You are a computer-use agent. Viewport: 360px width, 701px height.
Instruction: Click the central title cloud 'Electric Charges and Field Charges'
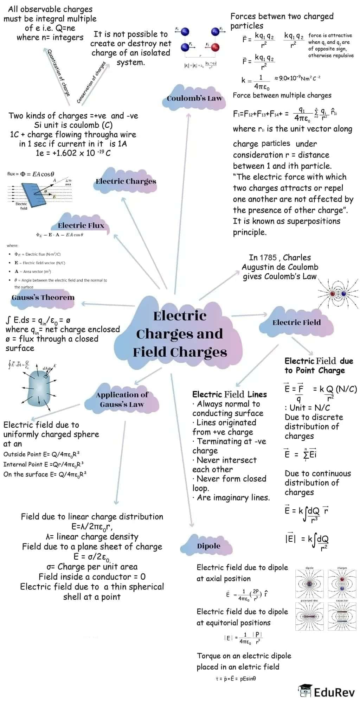(180, 333)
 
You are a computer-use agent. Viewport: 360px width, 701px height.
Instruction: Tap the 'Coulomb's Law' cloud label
(194, 98)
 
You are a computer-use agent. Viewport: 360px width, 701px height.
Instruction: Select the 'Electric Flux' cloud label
(81, 225)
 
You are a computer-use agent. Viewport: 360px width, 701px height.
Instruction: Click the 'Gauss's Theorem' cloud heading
(43, 298)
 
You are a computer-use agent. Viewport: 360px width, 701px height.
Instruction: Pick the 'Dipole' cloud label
(208, 546)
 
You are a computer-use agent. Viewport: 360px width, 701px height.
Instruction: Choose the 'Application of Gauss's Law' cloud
(122, 400)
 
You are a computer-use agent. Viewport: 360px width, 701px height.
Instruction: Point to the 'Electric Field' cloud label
(296, 323)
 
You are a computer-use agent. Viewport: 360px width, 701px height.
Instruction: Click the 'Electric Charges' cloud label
(126, 181)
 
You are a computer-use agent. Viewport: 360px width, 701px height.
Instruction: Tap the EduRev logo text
(334, 692)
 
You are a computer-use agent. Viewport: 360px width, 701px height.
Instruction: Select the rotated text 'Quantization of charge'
(59, 72)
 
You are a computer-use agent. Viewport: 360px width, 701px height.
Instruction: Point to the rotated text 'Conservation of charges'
(91, 82)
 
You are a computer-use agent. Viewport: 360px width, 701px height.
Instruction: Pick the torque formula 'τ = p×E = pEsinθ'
(236, 678)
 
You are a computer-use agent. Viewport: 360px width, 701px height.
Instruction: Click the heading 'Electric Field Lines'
(229, 394)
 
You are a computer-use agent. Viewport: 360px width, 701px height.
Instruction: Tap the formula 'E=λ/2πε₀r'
(92, 527)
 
